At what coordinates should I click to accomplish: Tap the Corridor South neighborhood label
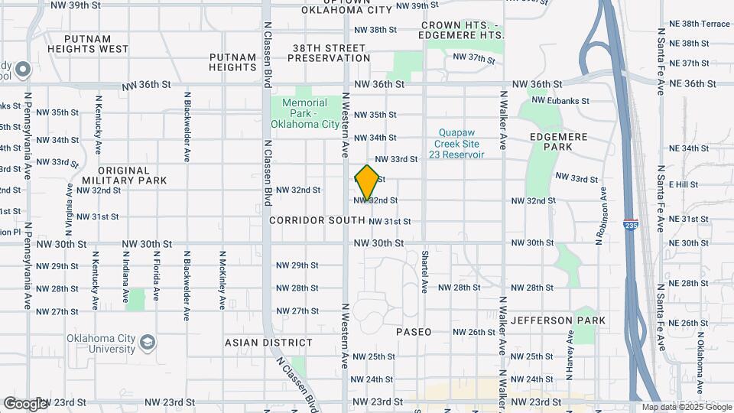(317, 220)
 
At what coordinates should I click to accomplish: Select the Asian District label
(268, 343)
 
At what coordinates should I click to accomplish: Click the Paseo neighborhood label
(414, 332)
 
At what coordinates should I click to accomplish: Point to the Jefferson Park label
(558, 320)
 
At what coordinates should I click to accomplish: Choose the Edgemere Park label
(551, 141)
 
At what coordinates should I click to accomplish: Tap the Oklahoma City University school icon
(148, 340)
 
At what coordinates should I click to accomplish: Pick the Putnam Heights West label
(88, 44)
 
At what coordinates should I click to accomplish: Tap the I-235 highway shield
(630, 226)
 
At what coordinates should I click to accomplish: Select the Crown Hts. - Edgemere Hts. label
(462, 31)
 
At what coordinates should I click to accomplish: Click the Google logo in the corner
(25, 403)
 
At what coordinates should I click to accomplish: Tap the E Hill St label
(683, 184)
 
